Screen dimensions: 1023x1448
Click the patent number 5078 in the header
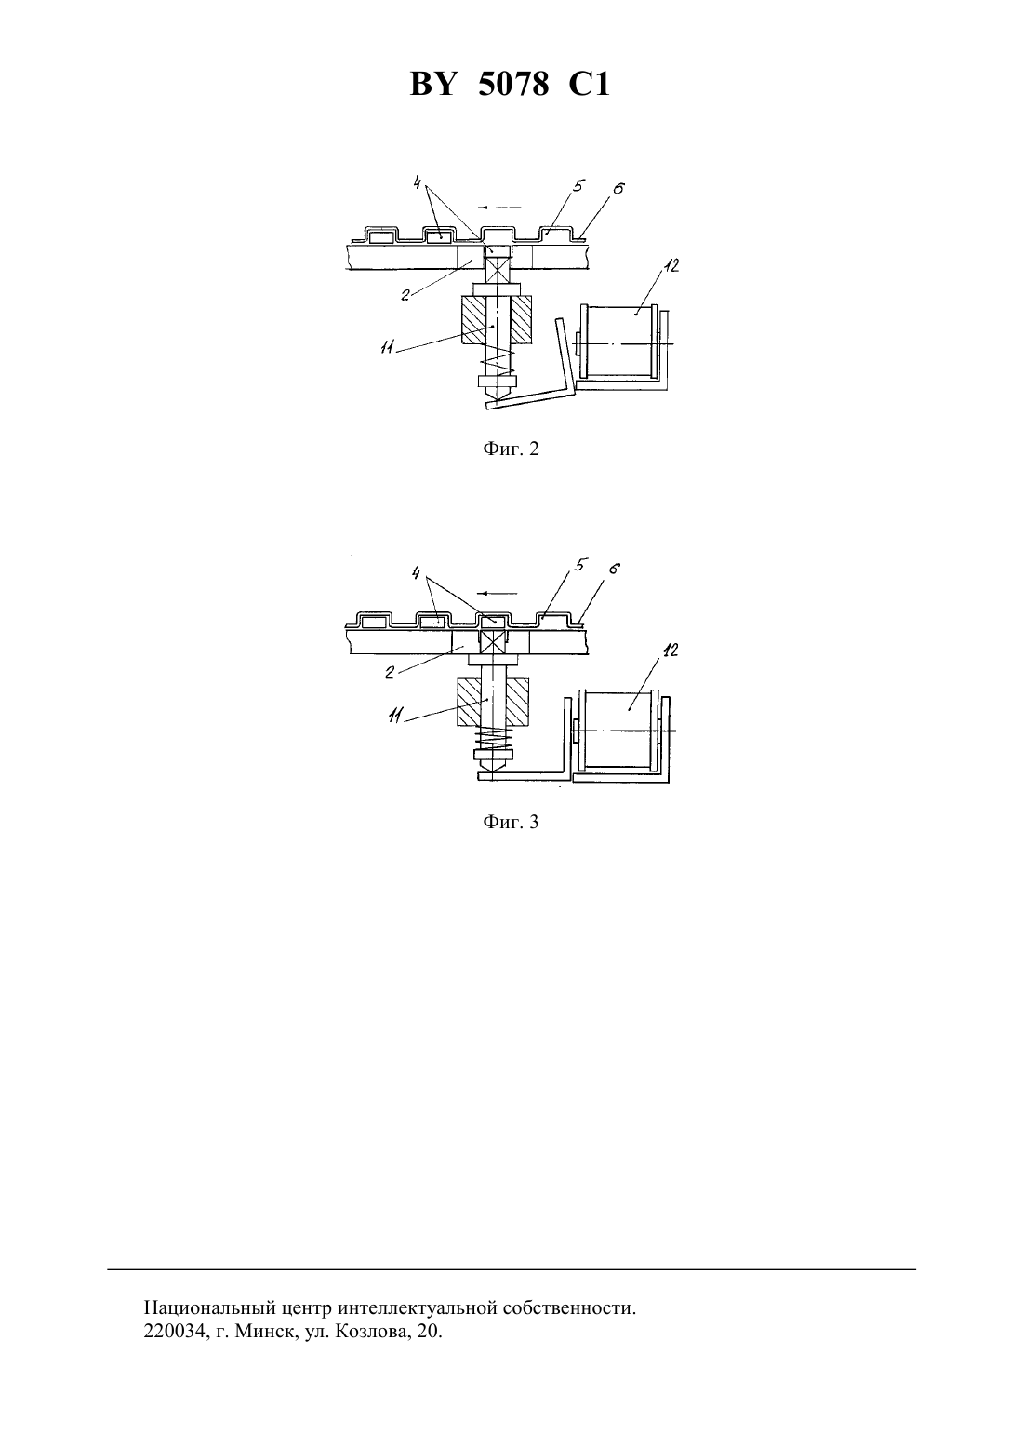click(x=513, y=84)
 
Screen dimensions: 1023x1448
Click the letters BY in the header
click(x=432, y=84)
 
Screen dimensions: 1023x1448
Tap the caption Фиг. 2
click(x=511, y=449)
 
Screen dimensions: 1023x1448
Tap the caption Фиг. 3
click(x=511, y=822)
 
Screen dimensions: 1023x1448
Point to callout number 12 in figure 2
click(x=671, y=265)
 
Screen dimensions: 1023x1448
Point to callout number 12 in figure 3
click(x=671, y=650)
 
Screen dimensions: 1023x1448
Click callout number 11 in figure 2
click(x=388, y=348)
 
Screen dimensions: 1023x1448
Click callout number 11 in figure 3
click(x=395, y=715)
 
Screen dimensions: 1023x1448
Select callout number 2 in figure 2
click(x=405, y=295)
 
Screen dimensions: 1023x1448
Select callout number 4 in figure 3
click(x=418, y=573)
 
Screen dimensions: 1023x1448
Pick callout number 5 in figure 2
click(x=577, y=186)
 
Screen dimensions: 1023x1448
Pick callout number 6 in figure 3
click(x=614, y=569)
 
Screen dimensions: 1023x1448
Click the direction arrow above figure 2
click(x=499, y=208)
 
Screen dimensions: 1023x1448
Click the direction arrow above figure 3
click(x=497, y=594)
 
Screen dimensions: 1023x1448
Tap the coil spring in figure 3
click(x=494, y=736)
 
